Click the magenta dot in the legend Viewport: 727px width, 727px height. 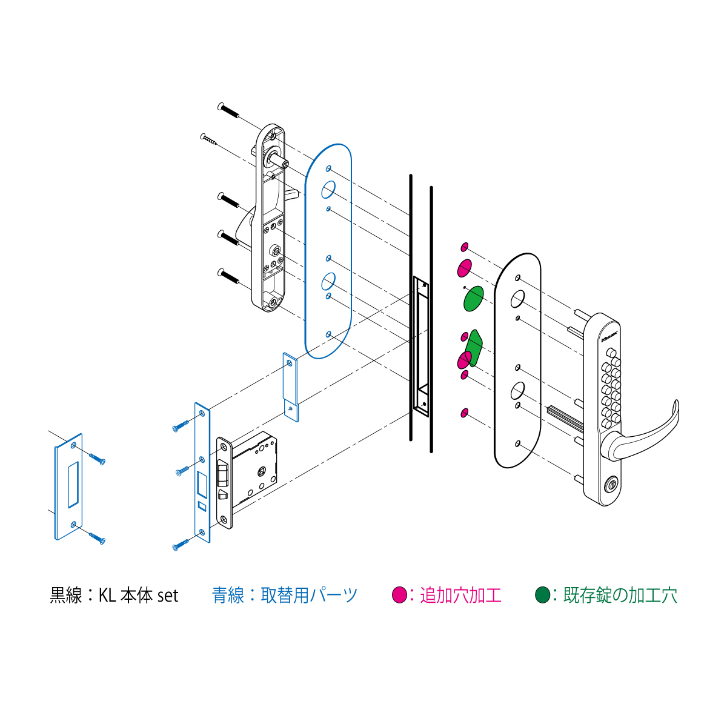tap(399, 595)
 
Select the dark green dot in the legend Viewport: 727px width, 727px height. tap(542, 595)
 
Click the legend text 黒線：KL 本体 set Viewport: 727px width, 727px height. tap(114, 596)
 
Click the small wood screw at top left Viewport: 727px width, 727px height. tap(208, 139)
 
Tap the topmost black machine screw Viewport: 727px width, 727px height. tap(228, 110)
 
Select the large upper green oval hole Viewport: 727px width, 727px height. tap(473, 299)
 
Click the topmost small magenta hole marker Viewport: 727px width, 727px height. tap(465, 247)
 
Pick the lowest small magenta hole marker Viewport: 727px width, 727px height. tap(465, 413)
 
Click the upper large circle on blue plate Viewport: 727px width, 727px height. tap(328, 190)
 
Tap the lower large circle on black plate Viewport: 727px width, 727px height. tap(517, 391)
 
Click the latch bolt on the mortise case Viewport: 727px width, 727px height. tap(222, 473)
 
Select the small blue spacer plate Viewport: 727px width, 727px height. tap(291, 387)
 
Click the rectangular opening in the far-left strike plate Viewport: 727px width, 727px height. tap(73, 485)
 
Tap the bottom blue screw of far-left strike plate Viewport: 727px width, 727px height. tap(97, 538)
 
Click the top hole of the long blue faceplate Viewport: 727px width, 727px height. tap(202, 414)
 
